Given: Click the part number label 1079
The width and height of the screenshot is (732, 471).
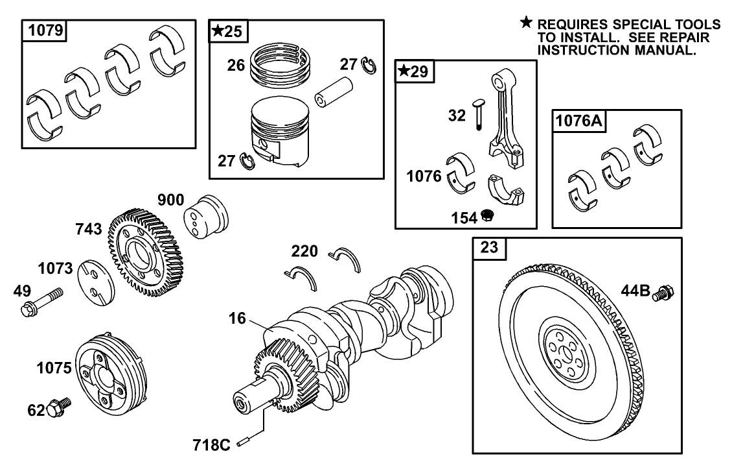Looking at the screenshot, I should click(x=45, y=31).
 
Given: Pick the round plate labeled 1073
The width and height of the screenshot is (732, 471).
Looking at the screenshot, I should click(x=95, y=283).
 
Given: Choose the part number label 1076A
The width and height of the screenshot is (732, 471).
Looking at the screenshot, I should click(x=578, y=121).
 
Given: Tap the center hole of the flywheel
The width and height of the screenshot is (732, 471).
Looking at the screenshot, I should click(x=562, y=350).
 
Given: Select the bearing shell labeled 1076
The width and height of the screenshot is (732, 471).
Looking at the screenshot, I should click(x=461, y=173).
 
